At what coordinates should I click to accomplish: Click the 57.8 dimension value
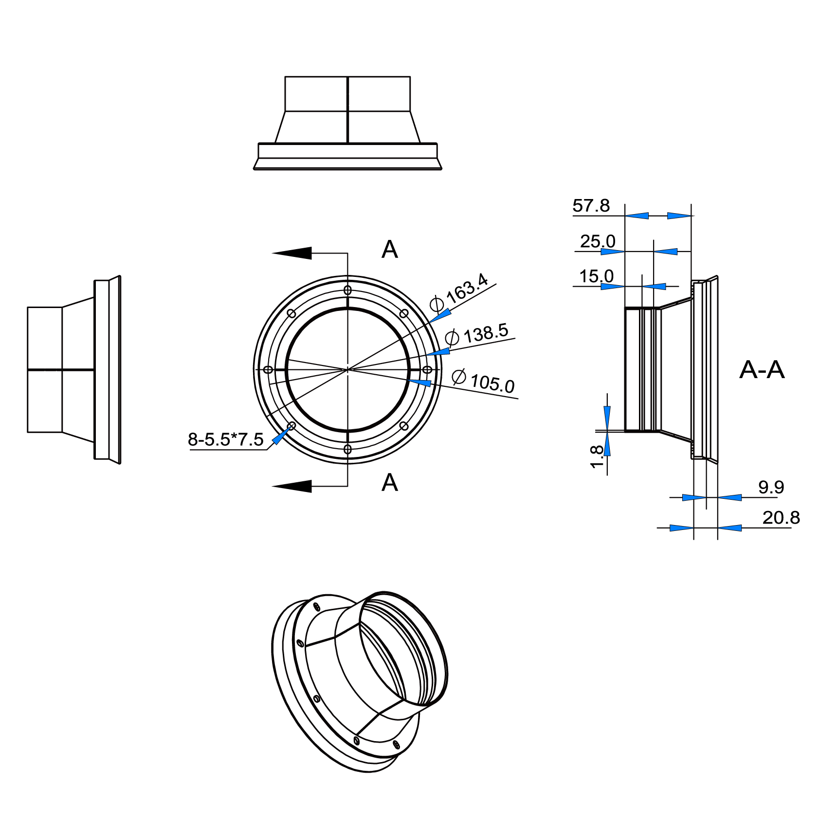coord(591,206)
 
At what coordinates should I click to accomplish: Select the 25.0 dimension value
coord(598,241)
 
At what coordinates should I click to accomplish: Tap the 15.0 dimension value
coord(596,276)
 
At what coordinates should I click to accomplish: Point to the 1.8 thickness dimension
coord(597,457)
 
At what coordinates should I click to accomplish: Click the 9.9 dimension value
coord(771,487)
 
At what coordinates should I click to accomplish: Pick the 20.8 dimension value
coord(781,518)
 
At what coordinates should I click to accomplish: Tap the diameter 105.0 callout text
coord(484,381)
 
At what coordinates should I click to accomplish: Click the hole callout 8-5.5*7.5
coord(226,440)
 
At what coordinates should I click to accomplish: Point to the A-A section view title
coord(762,370)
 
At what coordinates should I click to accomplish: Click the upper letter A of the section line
coord(389,250)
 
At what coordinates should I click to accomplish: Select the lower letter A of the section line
coord(389,483)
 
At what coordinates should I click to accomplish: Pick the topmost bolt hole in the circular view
coord(347,290)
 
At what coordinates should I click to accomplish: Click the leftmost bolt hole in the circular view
coord(268,370)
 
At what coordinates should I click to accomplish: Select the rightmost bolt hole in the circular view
coord(427,370)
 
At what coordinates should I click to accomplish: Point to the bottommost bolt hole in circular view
coord(347,449)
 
